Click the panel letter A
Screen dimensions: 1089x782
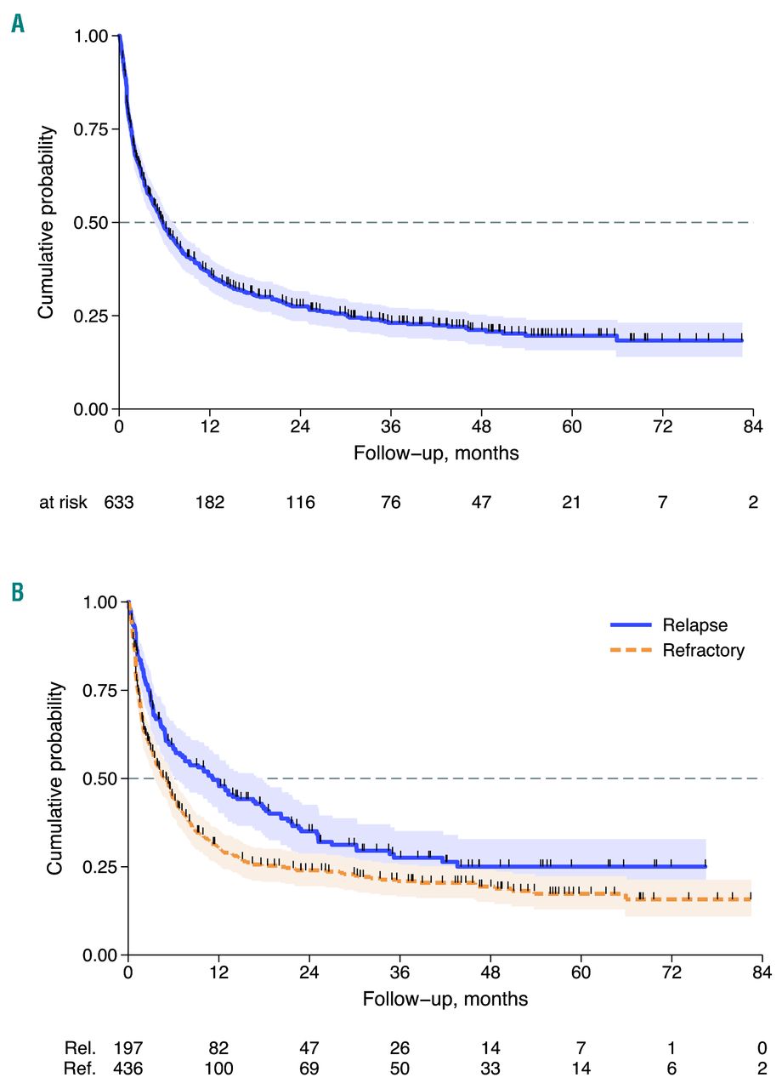pyautogui.click(x=18, y=25)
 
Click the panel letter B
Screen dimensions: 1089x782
pyautogui.click(x=18, y=591)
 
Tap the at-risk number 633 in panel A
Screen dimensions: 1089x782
pyautogui.click(x=119, y=502)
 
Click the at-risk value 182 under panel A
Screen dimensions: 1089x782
pyautogui.click(x=210, y=502)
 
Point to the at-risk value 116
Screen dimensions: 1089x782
pyautogui.click(x=300, y=502)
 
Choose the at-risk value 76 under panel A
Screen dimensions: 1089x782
pyautogui.click(x=391, y=502)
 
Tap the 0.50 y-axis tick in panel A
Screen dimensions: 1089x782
pyautogui.click(x=91, y=223)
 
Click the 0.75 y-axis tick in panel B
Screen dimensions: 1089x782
pyautogui.click(x=100, y=690)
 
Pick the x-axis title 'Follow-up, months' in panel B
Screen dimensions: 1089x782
pyautogui.click(x=445, y=999)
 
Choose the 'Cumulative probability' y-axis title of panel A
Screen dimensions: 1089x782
pyautogui.click(x=48, y=223)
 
